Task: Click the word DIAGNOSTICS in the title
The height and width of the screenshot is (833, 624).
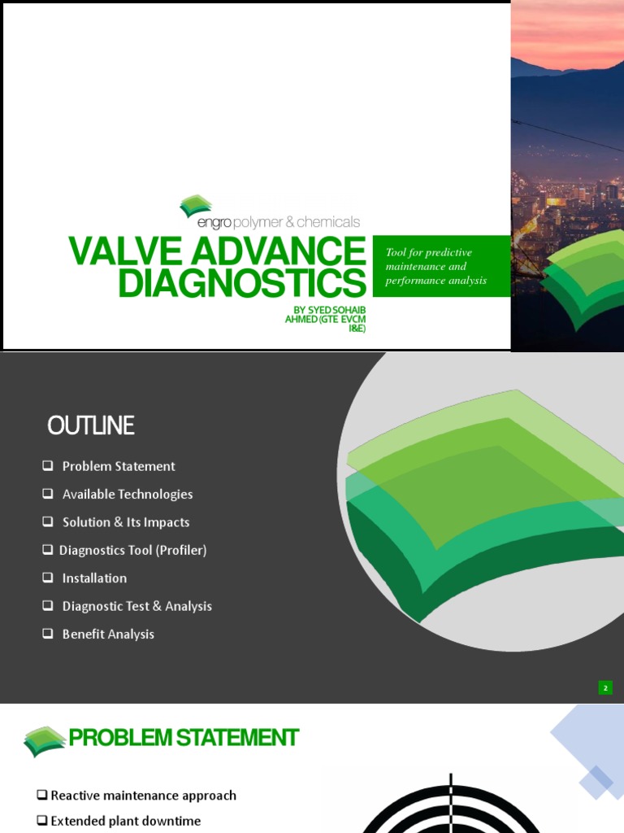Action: [x=242, y=283]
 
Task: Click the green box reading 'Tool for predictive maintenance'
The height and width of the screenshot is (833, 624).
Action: [x=440, y=266]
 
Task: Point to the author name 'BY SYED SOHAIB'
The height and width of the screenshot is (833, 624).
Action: [x=330, y=310]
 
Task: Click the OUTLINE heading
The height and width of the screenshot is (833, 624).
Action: [x=90, y=425]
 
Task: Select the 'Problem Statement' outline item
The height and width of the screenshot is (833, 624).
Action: [x=119, y=466]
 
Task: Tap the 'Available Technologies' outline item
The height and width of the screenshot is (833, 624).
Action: [x=128, y=494]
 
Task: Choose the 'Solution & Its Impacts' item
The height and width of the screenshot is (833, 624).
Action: [x=126, y=522]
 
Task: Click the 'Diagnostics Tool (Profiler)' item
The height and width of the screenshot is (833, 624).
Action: [x=133, y=550]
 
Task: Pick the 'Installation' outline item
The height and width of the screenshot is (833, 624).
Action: [x=94, y=578]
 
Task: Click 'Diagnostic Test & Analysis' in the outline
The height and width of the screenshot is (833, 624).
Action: [x=137, y=606]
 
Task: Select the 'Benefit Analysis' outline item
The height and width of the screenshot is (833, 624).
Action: [x=108, y=635]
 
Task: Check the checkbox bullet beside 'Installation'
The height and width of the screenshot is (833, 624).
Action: [x=47, y=578]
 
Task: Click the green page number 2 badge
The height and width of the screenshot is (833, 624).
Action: [x=605, y=688]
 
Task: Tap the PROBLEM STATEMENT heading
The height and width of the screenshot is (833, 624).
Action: [x=184, y=738]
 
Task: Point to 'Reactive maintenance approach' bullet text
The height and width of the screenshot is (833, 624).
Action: [x=144, y=796]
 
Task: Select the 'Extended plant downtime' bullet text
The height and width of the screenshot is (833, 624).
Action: [x=126, y=822]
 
